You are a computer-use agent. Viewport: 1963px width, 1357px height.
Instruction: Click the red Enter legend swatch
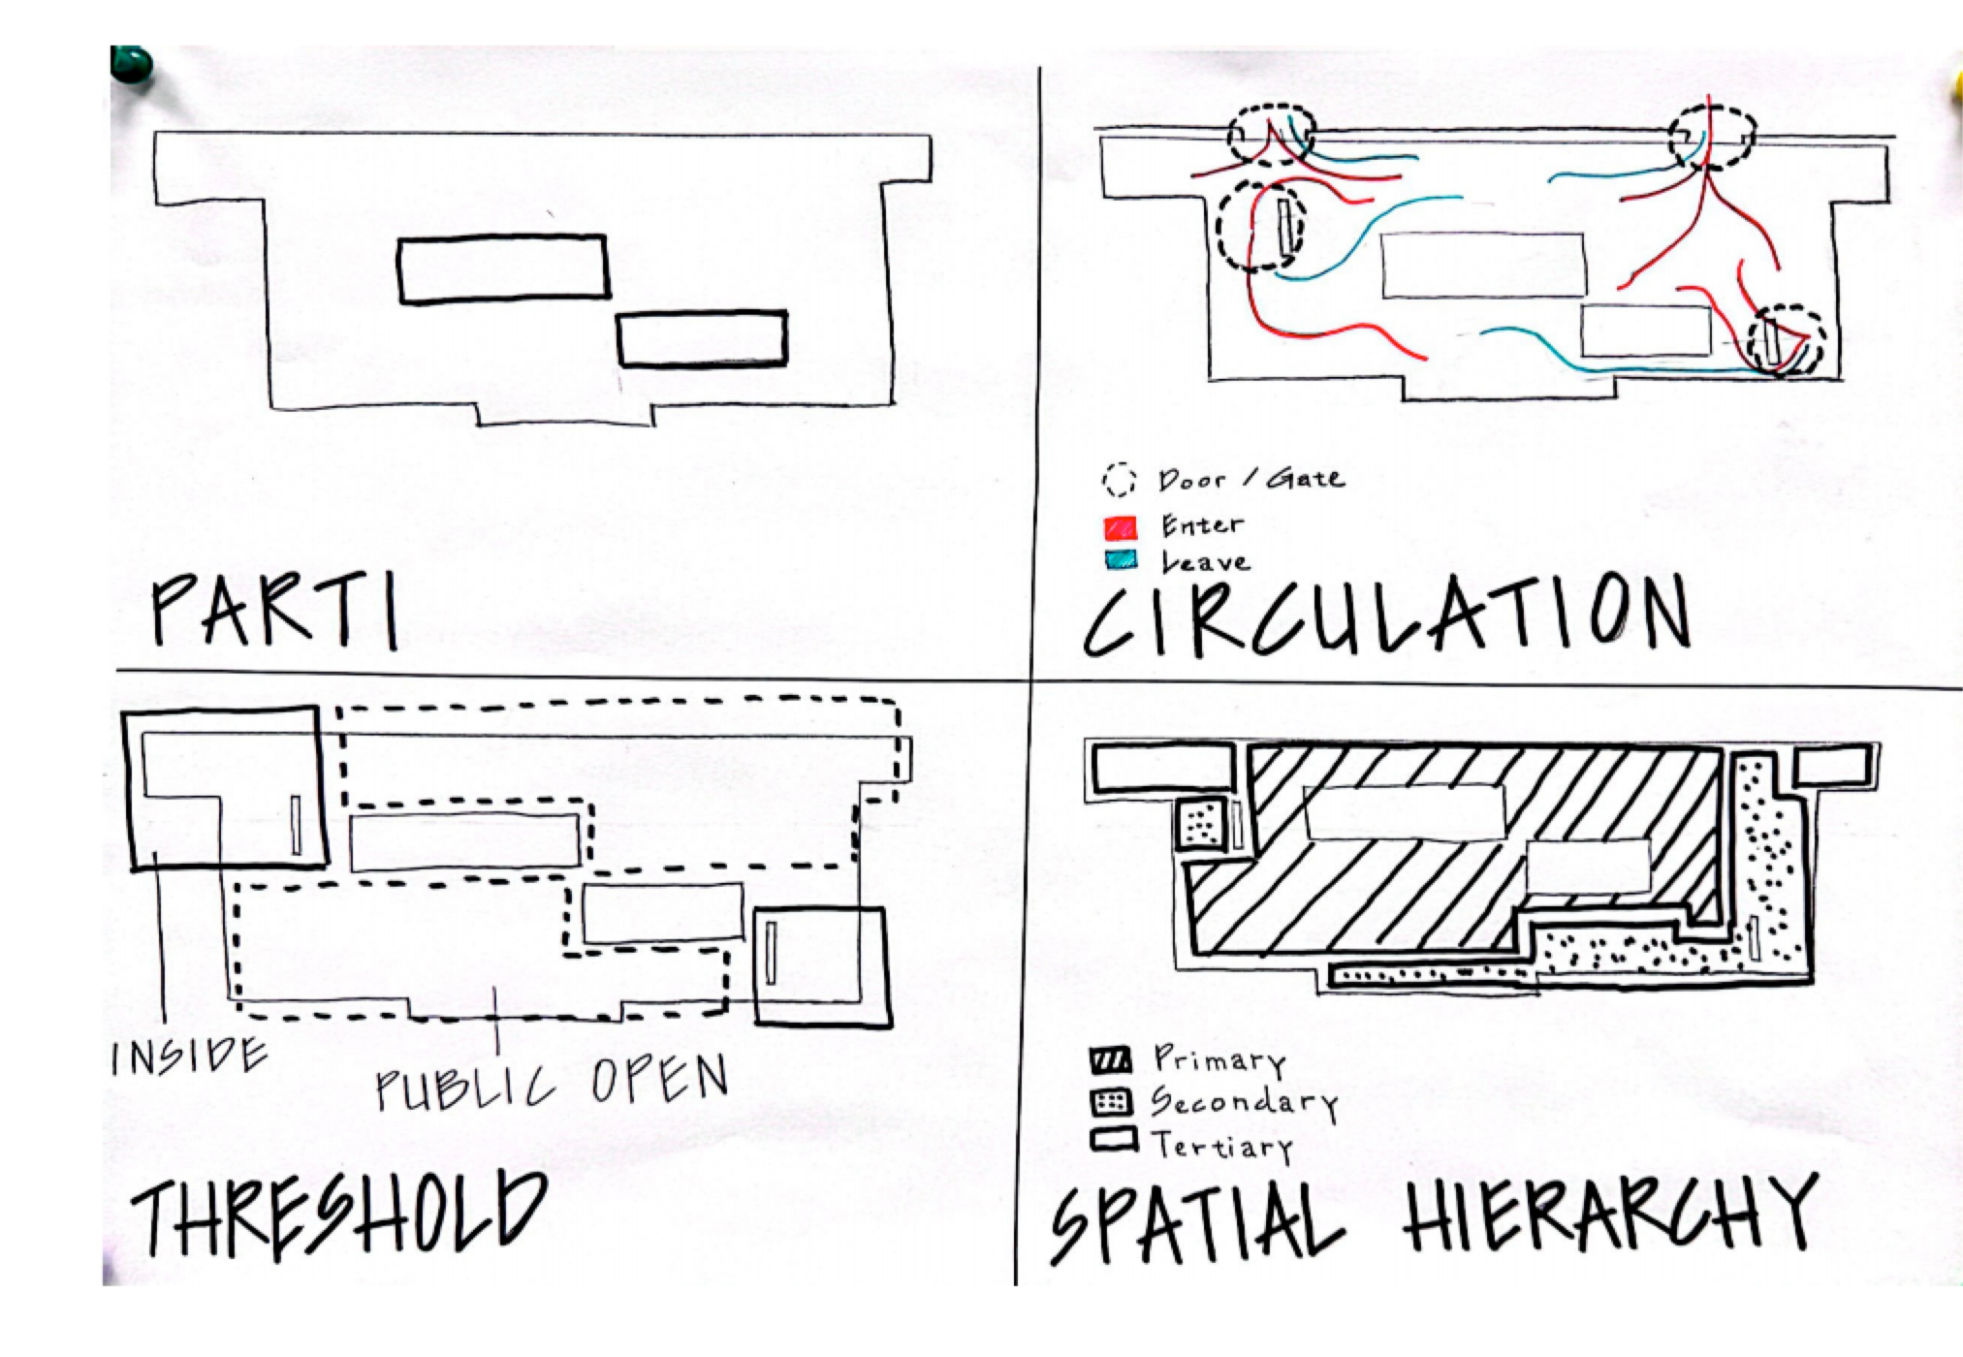(1120, 527)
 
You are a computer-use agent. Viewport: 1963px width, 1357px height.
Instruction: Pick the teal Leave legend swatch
(1121, 560)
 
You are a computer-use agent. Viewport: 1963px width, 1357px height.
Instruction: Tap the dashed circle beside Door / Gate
(1119, 480)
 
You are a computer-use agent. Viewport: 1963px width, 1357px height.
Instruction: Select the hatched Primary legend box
(1111, 1060)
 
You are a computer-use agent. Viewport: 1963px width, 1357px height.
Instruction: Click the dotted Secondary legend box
(1111, 1102)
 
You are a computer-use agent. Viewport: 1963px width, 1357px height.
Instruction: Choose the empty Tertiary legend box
(1113, 1140)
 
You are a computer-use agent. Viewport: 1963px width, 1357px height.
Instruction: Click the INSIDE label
(189, 1057)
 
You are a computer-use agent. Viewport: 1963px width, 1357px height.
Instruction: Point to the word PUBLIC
(465, 1088)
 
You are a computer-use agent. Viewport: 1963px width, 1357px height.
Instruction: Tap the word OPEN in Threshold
(659, 1079)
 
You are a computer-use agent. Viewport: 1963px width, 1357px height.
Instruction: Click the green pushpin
(132, 66)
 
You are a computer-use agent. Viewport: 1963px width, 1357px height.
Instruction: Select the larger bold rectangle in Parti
(503, 268)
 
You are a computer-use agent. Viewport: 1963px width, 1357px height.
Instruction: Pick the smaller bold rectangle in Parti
(702, 338)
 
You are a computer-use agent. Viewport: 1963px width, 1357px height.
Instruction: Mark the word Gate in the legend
(1306, 478)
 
